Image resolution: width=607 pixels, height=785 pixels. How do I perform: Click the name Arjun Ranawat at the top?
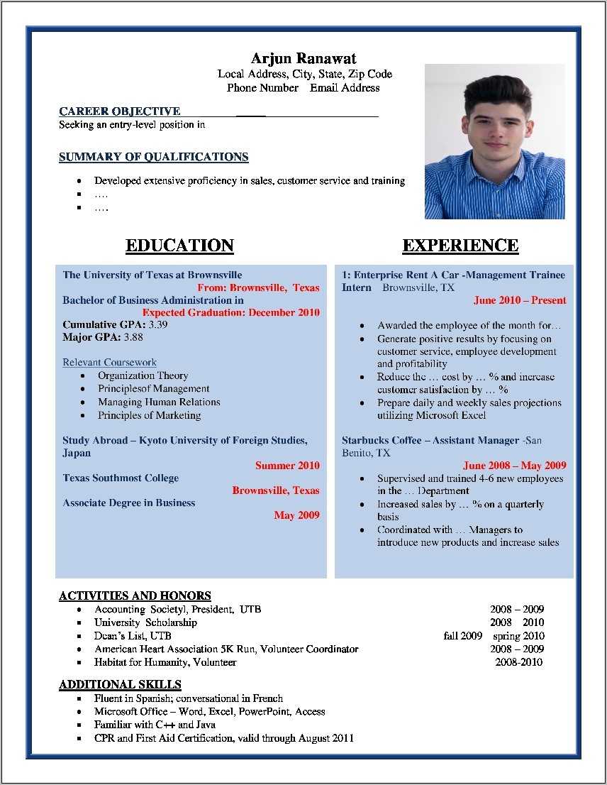tap(303, 58)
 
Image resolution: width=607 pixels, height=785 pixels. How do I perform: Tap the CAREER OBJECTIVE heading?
tap(119, 111)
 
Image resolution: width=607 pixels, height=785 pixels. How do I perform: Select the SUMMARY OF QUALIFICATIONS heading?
tap(153, 157)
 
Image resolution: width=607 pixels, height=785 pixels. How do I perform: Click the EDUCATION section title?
tap(179, 246)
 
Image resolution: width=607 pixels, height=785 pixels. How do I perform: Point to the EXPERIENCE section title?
tap(460, 246)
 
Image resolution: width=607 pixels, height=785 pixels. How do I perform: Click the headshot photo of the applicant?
tap(494, 141)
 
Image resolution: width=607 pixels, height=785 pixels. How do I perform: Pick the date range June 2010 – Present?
tap(520, 300)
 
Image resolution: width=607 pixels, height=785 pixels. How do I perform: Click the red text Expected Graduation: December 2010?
tap(230, 312)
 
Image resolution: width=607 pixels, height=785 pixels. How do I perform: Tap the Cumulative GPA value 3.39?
tap(158, 325)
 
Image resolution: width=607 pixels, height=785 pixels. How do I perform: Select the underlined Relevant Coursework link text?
tap(109, 363)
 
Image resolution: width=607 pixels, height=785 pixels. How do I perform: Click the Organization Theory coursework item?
tap(143, 375)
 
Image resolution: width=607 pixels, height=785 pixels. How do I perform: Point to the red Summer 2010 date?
tap(287, 466)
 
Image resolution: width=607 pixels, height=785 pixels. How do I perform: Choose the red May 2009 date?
tap(296, 515)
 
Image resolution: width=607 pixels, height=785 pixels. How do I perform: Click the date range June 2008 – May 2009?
tap(514, 466)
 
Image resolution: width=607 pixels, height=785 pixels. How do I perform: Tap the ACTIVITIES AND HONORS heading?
tap(135, 596)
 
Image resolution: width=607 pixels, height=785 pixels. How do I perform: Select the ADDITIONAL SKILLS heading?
tap(120, 685)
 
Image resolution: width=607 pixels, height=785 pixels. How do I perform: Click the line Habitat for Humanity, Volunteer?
tap(165, 662)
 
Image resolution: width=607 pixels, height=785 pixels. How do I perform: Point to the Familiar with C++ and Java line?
tap(155, 725)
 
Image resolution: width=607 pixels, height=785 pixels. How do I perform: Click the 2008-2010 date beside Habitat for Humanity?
tap(518, 662)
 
